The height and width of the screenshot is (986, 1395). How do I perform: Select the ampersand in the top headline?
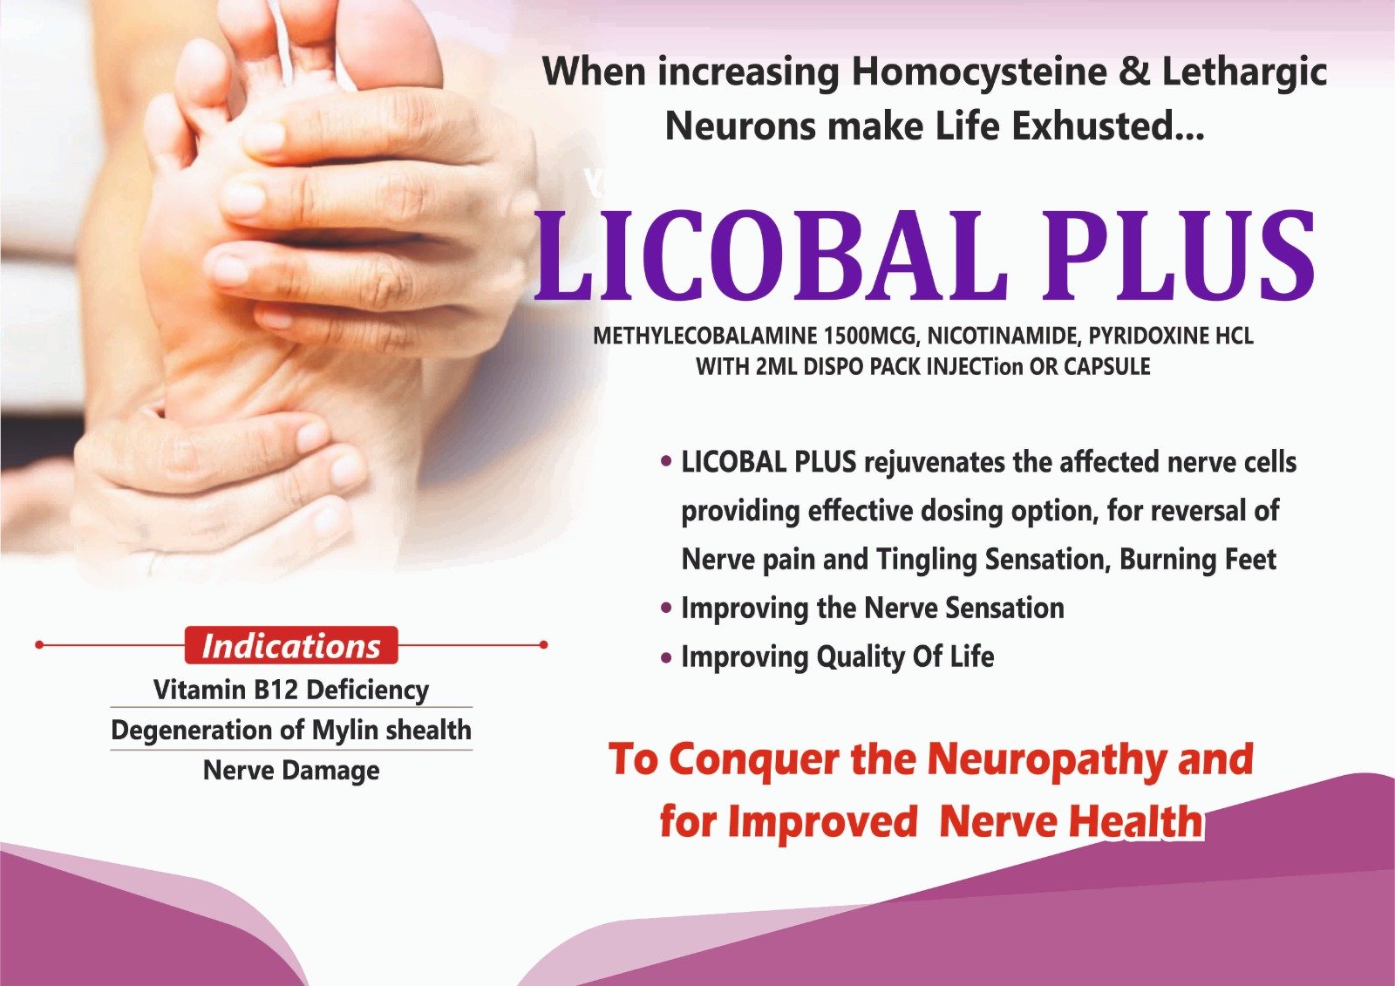tap(1134, 72)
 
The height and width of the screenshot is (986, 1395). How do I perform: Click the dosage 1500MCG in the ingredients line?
tap(871, 337)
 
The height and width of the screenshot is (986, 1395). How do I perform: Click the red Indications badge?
tap(291, 645)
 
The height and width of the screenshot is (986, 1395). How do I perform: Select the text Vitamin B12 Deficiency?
tap(291, 690)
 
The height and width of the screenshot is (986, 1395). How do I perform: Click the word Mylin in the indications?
tap(344, 730)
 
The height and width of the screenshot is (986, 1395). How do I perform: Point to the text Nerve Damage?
tap(291, 771)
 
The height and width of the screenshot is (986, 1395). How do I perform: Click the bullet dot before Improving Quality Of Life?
tap(666, 657)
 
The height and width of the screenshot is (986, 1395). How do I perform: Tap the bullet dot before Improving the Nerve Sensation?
tap(666, 608)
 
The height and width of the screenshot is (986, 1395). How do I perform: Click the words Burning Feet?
tap(1198, 559)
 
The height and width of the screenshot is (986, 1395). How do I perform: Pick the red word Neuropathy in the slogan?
tap(1047, 760)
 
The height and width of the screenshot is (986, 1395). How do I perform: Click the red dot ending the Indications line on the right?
tap(543, 644)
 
